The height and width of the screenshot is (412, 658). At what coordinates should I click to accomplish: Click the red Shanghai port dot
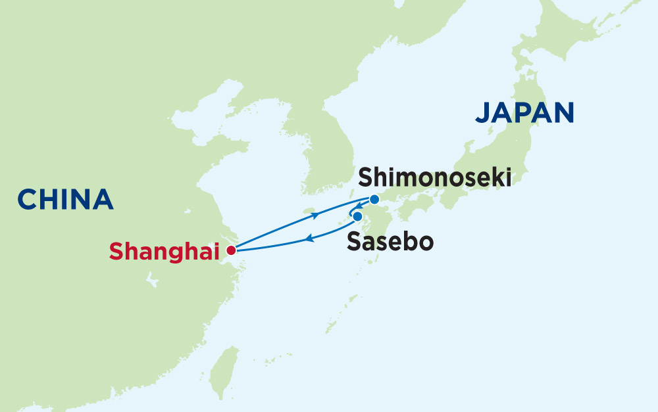point(230,250)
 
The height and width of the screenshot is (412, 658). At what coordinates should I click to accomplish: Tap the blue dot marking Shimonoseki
point(374,199)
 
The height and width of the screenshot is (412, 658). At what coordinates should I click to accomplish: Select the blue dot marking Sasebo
point(357,216)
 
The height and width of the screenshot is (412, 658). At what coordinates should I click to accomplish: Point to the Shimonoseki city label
point(434,177)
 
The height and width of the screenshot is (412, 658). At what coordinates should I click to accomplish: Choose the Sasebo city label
point(390,242)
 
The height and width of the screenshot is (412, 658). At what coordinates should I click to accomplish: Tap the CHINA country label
point(65,199)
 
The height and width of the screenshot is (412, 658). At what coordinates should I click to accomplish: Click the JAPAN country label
point(524,112)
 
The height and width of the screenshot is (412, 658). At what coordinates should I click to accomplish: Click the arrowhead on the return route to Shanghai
point(309,240)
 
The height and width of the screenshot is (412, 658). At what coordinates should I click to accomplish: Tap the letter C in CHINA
point(28,199)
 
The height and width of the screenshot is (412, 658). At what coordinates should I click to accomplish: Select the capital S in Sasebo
point(353,242)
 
